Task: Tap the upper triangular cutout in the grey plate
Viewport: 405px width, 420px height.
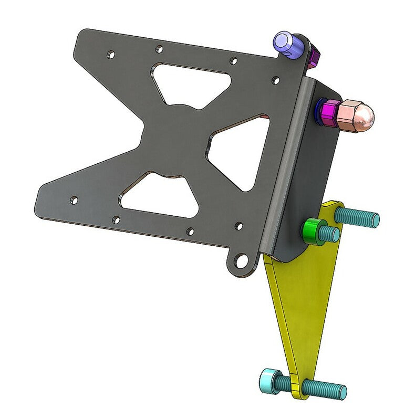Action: coord(192,84)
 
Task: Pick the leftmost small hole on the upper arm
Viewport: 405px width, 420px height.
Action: coord(110,54)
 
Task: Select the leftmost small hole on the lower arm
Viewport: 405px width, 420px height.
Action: coord(74,199)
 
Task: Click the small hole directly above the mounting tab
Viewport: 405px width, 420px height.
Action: coord(238,226)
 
